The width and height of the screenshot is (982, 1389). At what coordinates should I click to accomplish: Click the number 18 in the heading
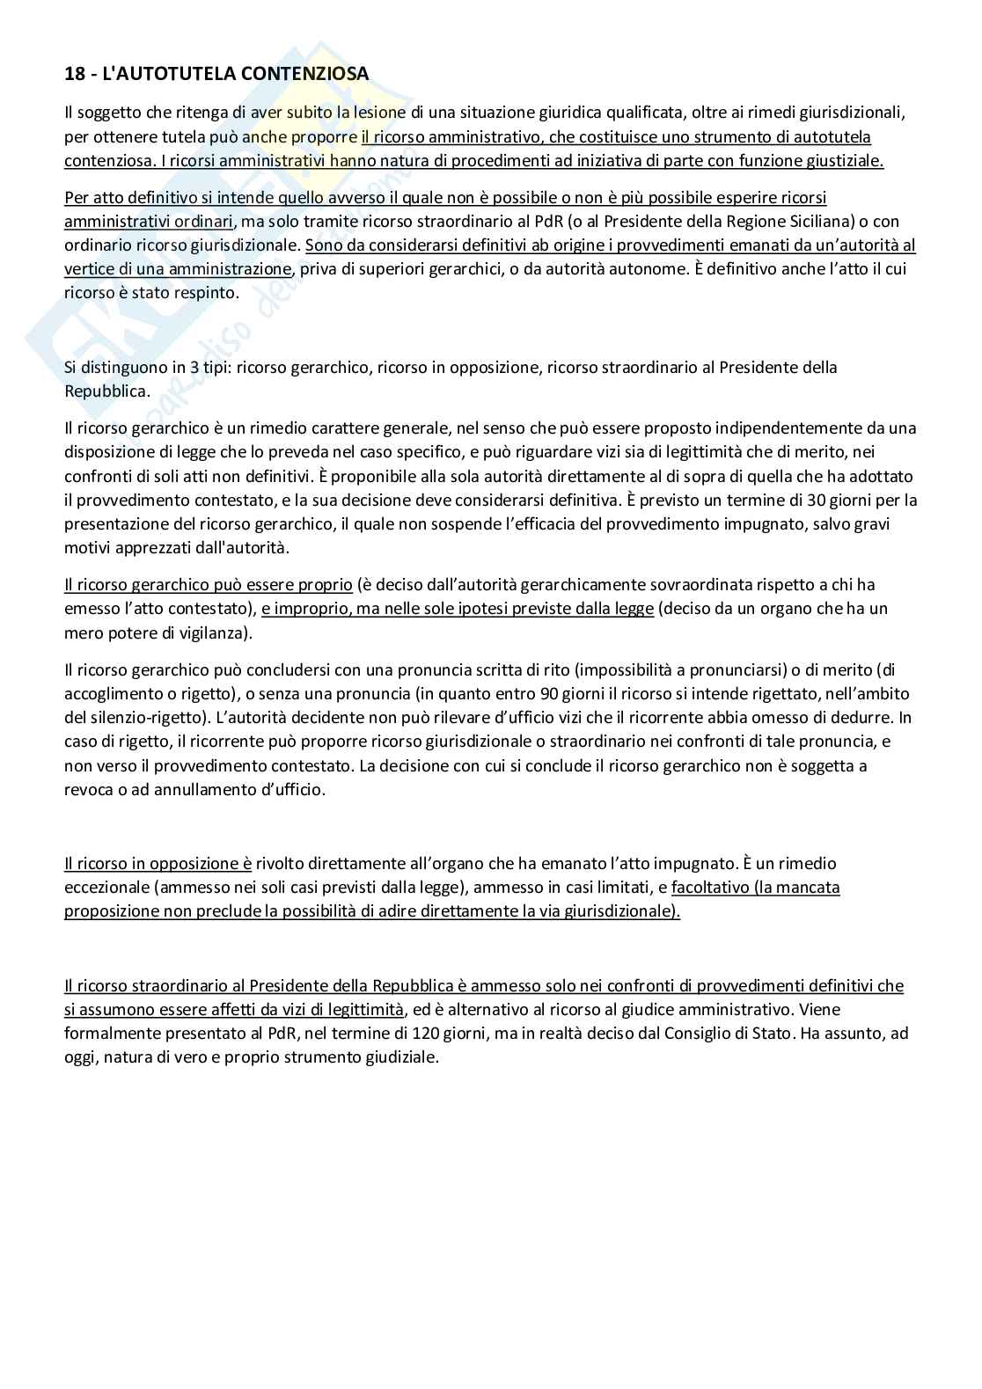(74, 75)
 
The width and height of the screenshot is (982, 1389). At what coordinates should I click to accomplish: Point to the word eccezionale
(102, 888)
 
